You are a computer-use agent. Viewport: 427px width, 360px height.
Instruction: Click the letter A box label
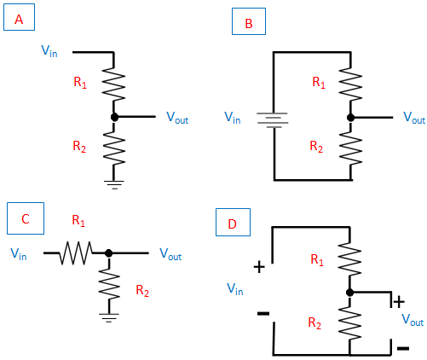point(19,17)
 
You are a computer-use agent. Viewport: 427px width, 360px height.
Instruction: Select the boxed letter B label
point(249,21)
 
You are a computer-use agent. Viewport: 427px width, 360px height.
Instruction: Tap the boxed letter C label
point(26,218)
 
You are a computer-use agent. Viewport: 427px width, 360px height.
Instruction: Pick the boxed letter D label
point(233,222)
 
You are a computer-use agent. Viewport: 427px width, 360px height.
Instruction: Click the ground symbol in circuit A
point(114,184)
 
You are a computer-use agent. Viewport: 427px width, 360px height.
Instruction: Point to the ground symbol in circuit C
point(109,317)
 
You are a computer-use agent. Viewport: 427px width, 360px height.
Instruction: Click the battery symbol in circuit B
point(273,120)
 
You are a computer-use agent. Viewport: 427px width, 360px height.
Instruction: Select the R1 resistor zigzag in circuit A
point(113,84)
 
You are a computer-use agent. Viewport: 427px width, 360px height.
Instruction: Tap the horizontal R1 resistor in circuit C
point(76,253)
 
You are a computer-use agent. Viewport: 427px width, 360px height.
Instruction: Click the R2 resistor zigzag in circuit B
point(351,148)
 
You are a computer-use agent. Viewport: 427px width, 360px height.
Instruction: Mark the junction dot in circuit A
point(114,117)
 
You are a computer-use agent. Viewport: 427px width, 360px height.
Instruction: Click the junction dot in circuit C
point(109,253)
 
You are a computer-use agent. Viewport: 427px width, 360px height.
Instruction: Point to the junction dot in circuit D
point(350,292)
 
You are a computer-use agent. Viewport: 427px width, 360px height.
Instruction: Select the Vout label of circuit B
point(414,118)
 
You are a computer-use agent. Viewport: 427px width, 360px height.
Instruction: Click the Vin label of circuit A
point(49,51)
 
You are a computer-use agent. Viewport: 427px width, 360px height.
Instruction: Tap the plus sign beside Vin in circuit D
point(259,267)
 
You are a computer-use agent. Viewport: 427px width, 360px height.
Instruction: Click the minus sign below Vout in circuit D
point(403,348)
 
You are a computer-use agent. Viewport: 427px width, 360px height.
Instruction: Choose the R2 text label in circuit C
point(142,291)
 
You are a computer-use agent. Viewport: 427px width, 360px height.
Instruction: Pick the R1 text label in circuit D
point(317,259)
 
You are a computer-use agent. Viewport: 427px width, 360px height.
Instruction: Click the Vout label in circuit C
point(170,254)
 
